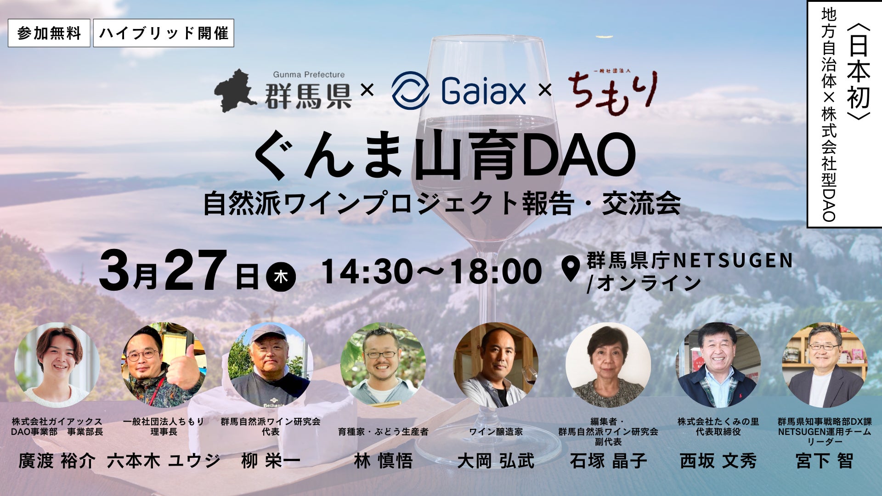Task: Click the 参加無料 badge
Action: coord(49,33)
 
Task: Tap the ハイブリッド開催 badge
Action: coord(164,33)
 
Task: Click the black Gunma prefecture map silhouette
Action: coord(235,90)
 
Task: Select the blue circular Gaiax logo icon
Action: coord(410,90)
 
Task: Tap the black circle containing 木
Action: coord(281,277)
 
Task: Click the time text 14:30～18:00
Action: coord(432,271)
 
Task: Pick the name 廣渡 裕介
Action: coord(57,461)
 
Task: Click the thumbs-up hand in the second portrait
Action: coord(183,372)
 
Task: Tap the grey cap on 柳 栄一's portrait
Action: coord(268,333)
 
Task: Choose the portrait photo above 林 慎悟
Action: coord(383,365)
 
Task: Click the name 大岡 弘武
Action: coord(496,461)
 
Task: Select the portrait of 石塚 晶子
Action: coord(608,365)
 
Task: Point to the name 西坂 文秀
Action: coord(718,461)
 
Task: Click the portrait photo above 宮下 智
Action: coord(825,365)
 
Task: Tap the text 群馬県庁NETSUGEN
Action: coord(690,261)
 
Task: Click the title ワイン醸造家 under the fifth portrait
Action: coord(496,432)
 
